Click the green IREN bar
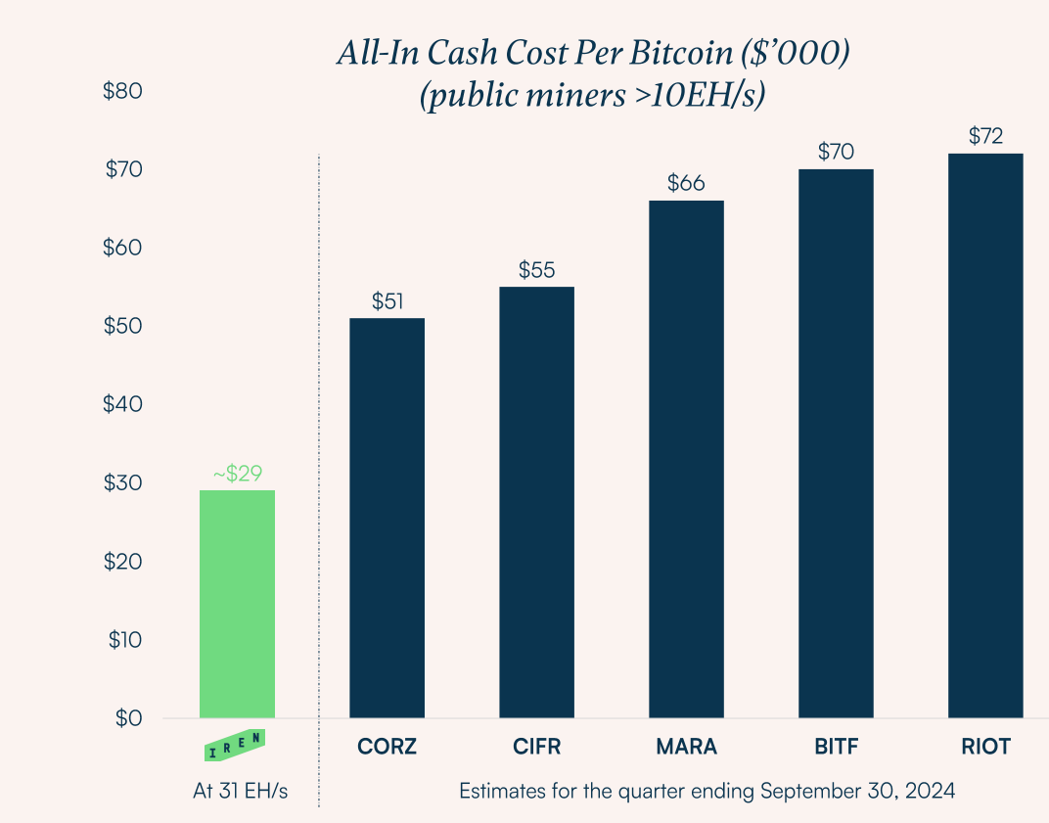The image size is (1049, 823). point(237,604)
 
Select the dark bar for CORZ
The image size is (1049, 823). point(387,518)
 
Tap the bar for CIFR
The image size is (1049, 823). point(536,502)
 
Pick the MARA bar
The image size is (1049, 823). point(686,459)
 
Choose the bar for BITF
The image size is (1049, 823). point(836,443)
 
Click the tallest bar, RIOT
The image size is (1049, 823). point(985,435)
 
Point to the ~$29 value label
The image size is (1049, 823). point(237,474)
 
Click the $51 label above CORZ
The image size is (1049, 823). point(387,301)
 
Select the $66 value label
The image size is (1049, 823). point(686,183)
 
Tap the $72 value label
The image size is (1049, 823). point(985,136)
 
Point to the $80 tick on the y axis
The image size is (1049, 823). point(123,92)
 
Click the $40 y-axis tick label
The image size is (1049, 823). point(123,404)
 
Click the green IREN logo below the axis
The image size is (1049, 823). point(235,747)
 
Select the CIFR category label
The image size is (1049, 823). point(536,747)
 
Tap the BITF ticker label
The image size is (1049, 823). point(836,747)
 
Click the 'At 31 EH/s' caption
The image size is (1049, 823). point(240,791)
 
